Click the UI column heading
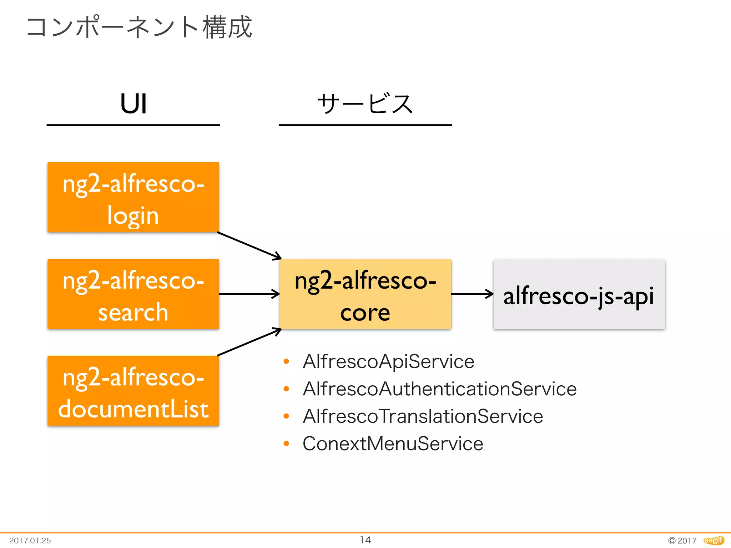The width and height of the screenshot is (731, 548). click(x=133, y=104)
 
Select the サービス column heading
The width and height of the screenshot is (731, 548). click(x=365, y=104)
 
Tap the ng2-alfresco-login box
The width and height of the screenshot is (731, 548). click(x=133, y=197)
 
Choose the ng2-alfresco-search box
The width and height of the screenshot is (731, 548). click(x=133, y=294)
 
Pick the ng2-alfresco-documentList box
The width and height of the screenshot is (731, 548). click(x=133, y=391)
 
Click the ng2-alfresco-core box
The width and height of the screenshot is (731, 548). click(x=365, y=294)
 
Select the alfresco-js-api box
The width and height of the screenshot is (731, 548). click(x=579, y=294)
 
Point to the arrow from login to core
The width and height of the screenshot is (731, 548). click(x=249, y=245)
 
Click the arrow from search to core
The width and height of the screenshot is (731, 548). click(x=249, y=294)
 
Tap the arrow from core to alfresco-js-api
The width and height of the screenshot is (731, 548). click(x=472, y=294)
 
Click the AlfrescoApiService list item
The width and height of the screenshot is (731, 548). click(x=388, y=361)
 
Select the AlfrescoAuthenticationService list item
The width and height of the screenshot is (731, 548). click(x=439, y=389)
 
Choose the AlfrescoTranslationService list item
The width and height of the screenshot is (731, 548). click(x=423, y=416)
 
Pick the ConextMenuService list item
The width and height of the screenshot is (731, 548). click(x=393, y=444)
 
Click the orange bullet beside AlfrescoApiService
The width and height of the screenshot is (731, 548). click(x=286, y=361)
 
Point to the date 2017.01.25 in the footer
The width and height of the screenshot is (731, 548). click(x=30, y=541)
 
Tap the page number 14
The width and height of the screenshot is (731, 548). click(x=365, y=540)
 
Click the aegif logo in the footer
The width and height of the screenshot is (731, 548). click(x=714, y=541)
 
